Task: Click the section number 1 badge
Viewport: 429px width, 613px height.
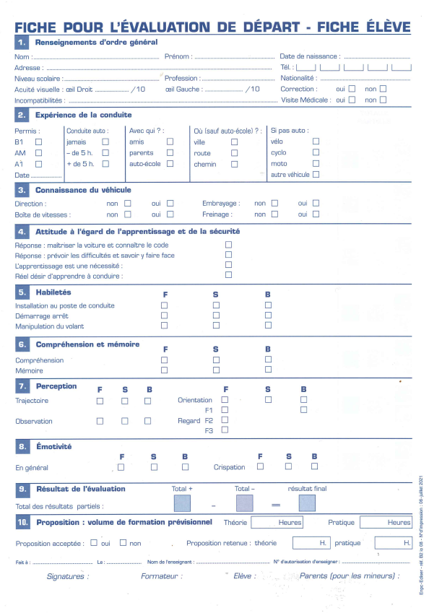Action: click(x=22, y=43)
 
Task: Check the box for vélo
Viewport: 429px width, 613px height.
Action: click(x=316, y=142)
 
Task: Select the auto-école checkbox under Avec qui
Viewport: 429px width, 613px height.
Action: click(x=170, y=164)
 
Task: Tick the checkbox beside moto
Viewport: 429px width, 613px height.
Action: click(x=316, y=164)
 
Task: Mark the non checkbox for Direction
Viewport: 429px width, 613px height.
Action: click(x=128, y=204)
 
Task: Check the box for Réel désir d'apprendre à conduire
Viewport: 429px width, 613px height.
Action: click(x=228, y=275)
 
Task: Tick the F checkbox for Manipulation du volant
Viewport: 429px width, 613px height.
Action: click(x=164, y=326)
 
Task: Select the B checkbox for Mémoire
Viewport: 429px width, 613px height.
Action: click(x=268, y=370)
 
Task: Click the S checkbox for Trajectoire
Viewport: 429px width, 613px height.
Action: click(x=124, y=401)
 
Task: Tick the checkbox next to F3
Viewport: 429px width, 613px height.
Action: click(x=225, y=430)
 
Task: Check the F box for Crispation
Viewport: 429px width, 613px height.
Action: click(x=260, y=466)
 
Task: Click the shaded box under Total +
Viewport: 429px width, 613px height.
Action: click(x=182, y=503)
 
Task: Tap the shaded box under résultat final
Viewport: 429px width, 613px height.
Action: click(x=308, y=503)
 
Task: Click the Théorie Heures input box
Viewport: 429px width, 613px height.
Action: click(x=277, y=522)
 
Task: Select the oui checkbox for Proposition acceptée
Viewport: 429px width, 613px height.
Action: click(x=95, y=542)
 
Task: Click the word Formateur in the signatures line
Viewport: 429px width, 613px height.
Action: click(x=162, y=576)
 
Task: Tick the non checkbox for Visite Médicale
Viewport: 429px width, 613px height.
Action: click(x=383, y=100)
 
